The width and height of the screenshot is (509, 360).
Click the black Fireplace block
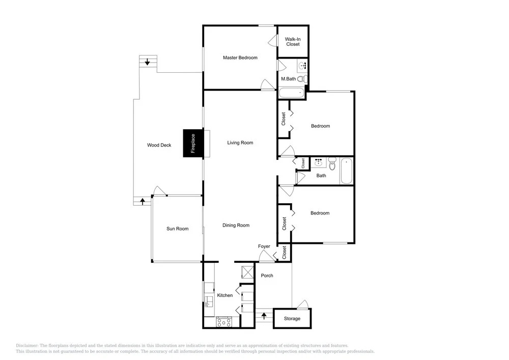(x=193, y=143)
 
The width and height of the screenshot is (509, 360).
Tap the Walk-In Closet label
(x=293, y=42)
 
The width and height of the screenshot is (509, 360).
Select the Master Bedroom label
(x=240, y=58)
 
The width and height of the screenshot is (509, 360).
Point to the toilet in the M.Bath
(x=302, y=78)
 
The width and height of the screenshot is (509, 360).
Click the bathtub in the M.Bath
(x=292, y=93)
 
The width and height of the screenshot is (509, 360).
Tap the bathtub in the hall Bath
(x=346, y=171)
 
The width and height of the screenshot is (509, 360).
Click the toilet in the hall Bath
(x=332, y=163)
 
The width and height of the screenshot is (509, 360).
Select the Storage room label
(x=292, y=318)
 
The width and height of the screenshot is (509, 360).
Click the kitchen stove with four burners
(x=224, y=322)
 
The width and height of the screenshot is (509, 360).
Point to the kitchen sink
(x=208, y=302)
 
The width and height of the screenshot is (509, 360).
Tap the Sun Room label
(x=178, y=229)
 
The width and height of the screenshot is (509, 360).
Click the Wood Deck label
(x=159, y=145)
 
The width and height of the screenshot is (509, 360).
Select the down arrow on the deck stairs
(x=148, y=61)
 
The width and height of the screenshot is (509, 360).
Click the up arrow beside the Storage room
(x=264, y=315)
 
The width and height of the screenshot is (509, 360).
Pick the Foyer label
(x=264, y=246)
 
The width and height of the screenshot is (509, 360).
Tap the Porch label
(x=267, y=275)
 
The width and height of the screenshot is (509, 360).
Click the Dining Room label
(x=236, y=225)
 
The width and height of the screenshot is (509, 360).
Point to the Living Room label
(x=240, y=143)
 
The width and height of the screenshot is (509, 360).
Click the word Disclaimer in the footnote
(x=27, y=346)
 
